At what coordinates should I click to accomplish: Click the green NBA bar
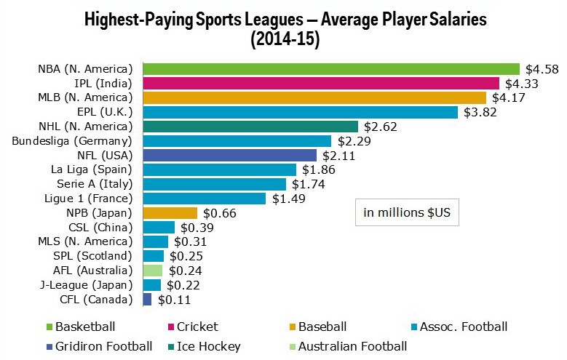331,69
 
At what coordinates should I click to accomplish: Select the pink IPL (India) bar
321,84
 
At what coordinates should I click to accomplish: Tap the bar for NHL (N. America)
250,127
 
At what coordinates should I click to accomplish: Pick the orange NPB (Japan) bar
170,212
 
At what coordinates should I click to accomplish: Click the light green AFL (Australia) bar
153,270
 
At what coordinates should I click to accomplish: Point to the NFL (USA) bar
230,155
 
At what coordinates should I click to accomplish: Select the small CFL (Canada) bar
148,299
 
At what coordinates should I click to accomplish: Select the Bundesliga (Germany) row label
72,140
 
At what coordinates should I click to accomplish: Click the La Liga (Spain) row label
90,169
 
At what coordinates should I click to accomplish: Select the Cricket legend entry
191,327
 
